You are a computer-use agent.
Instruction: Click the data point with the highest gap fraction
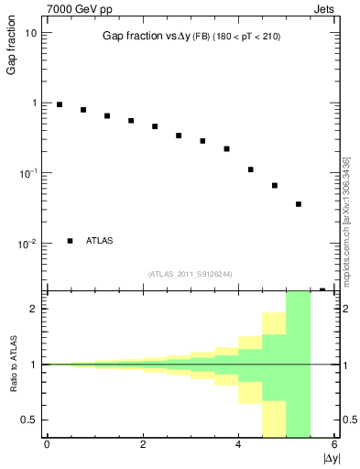click(x=60, y=104)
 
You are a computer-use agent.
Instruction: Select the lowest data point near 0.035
click(x=299, y=204)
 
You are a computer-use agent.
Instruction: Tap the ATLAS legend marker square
click(x=71, y=241)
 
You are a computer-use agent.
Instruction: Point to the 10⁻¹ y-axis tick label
click(x=29, y=172)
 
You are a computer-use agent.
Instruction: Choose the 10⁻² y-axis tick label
click(x=29, y=243)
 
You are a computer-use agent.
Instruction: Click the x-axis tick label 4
click(x=238, y=445)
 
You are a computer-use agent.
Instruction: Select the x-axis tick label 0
click(x=47, y=445)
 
